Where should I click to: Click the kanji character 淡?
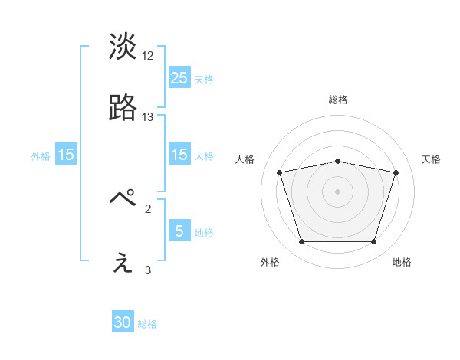[123, 47]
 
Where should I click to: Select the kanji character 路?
[123, 109]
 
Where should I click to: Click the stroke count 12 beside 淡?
[148, 56]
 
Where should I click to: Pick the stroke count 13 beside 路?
[148, 117]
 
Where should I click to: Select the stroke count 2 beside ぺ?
[148, 208]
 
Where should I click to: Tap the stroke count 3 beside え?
[148, 270]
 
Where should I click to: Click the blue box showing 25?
[179, 77]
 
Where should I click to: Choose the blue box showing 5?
[179, 231]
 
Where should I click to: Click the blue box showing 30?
[123, 322]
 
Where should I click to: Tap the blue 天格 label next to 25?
[204, 80]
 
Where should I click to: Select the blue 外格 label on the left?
[41, 156]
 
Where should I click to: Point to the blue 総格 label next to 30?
[147, 325]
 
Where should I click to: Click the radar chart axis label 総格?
[338, 100]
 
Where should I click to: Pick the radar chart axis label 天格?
[431, 159]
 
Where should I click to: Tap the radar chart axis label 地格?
[402, 262]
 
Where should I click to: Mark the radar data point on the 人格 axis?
[280, 172]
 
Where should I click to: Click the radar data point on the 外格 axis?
[301, 242]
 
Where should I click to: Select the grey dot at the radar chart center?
[337, 191]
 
